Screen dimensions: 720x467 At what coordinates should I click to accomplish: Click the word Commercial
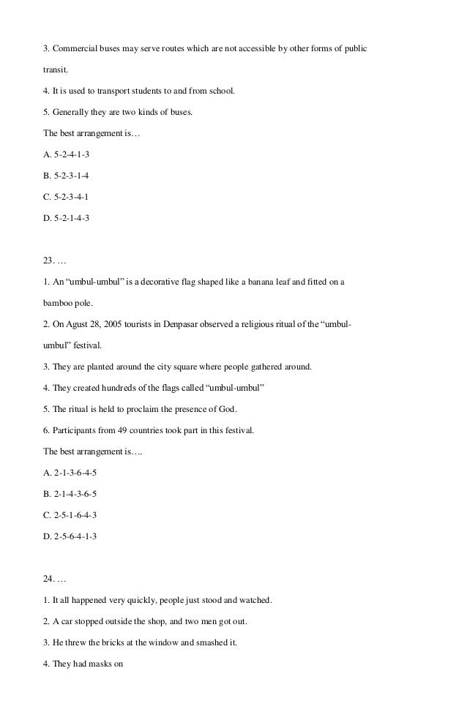pos(75,49)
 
